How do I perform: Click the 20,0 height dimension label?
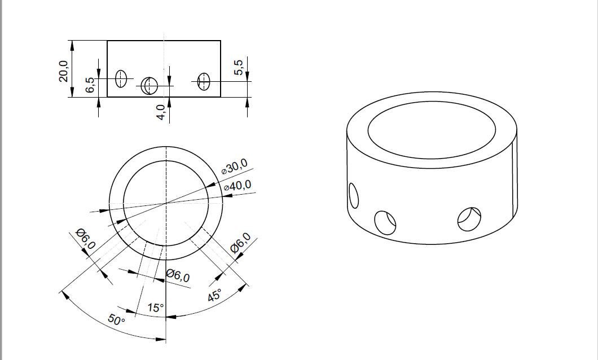[x=64, y=71]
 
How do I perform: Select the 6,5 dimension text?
[x=90, y=85]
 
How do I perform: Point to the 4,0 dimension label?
[x=162, y=112]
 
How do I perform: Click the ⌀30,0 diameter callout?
[x=235, y=166]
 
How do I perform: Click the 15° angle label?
[x=156, y=308]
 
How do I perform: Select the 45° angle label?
[x=214, y=295]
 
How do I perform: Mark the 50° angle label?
[x=116, y=320]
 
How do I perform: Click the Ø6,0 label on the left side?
[x=86, y=240]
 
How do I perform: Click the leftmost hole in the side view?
[x=121, y=78]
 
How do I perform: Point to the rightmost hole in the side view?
[x=204, y=81]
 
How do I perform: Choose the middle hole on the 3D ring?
[x=385, y=222]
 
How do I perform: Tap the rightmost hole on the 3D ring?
[x=468, y=219]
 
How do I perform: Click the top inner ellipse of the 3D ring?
[x=432, y=130]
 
